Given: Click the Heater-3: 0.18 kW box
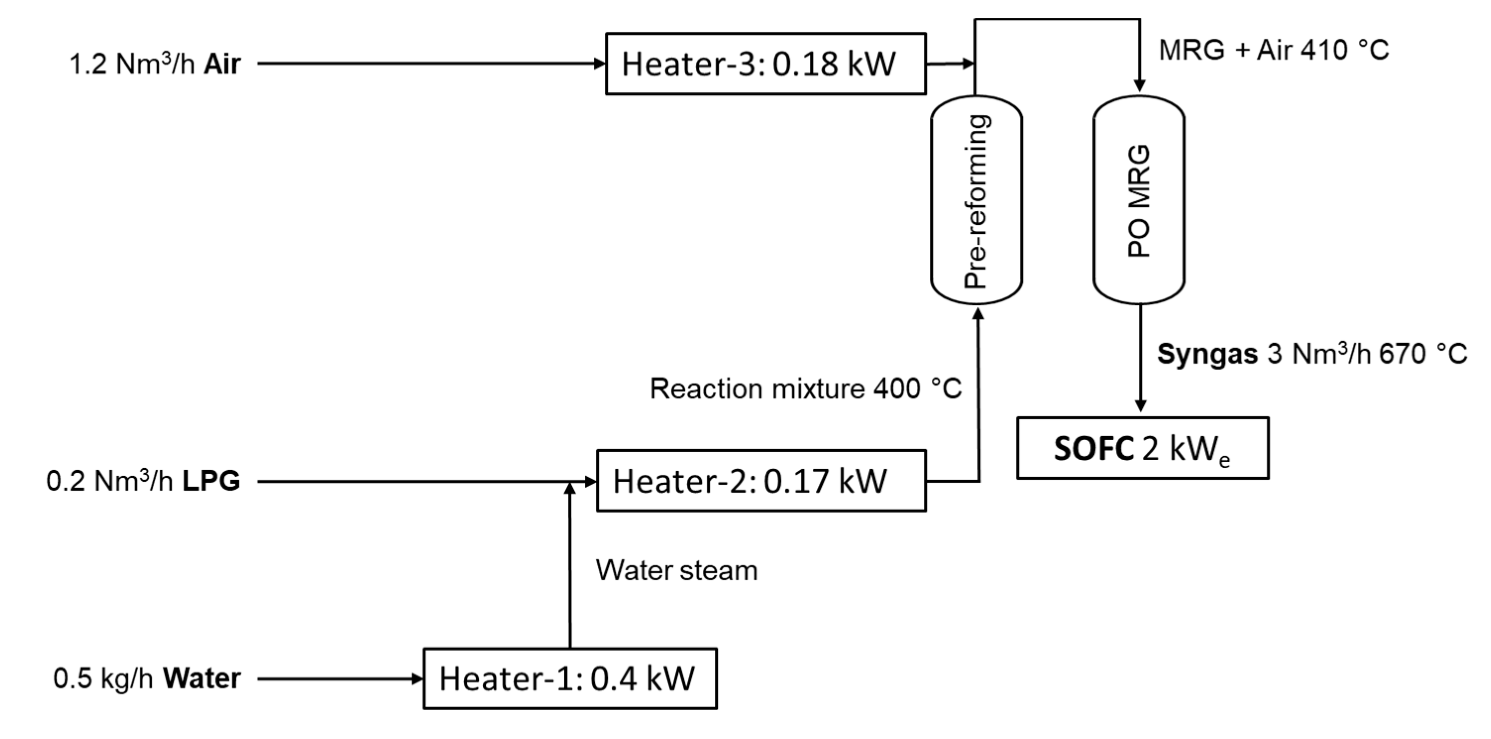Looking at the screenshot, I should click(x=765, y=64).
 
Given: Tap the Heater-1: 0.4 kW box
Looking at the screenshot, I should click(x=570, y=678).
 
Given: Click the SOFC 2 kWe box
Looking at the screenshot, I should click(x=1143, y=448).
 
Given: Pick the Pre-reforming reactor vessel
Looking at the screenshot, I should click(x=976, y=200).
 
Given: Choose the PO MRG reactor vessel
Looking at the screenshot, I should click(x=1138, y=200).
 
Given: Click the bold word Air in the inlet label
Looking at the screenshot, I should click(x=222, y=64).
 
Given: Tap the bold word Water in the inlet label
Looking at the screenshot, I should click(x=202, y=678).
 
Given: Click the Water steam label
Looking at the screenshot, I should click(x=676, y=570).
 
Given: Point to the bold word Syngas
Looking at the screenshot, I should click(x=1207, y=354).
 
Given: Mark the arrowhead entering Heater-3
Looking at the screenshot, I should click(x=600, y=64).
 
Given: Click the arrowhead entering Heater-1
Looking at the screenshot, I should click(x=417, y=678).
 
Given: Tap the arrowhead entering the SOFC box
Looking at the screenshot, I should click(x=1140, y=406).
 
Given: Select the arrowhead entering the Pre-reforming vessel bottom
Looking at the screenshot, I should click(x=978, y=314).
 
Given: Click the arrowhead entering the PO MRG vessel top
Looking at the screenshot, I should click(x=1139, y=85).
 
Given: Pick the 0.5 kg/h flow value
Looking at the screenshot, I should click(x=103, y=678).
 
